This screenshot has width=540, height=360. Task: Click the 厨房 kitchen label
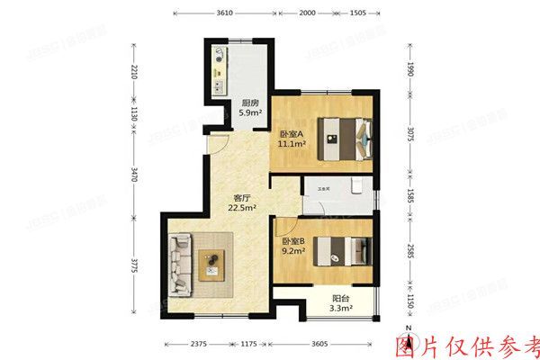[250, 103]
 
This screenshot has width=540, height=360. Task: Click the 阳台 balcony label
[339, 297]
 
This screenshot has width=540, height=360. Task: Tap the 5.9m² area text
[250, 113]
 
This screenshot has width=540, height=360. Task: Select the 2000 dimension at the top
[307, 13]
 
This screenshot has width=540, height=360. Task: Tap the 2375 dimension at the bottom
[200, 344]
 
